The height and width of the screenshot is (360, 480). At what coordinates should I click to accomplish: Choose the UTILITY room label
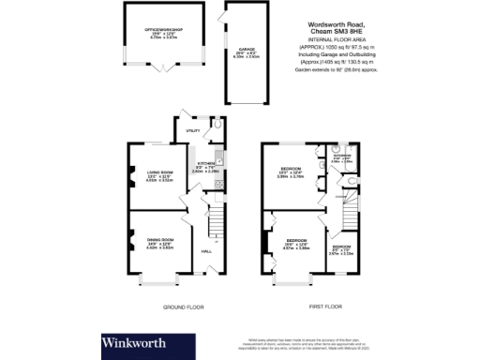click(x=193, y=131)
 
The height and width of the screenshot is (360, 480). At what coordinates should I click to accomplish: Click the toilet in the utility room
click(x=217, y=124)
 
